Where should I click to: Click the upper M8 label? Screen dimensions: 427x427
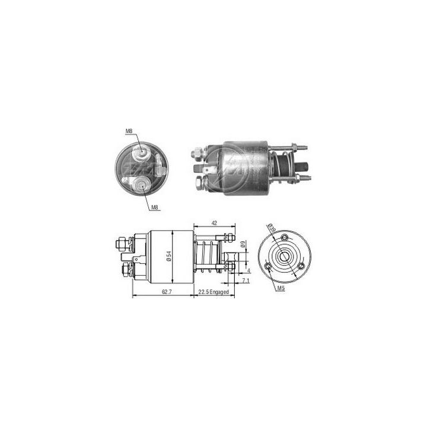[129, 130]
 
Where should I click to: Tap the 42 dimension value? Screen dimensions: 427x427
[213, 223]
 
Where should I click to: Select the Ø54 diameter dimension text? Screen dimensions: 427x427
[170, 256]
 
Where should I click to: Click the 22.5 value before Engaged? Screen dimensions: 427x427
[203, 291]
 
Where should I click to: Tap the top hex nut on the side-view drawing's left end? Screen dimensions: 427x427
[122, 243]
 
